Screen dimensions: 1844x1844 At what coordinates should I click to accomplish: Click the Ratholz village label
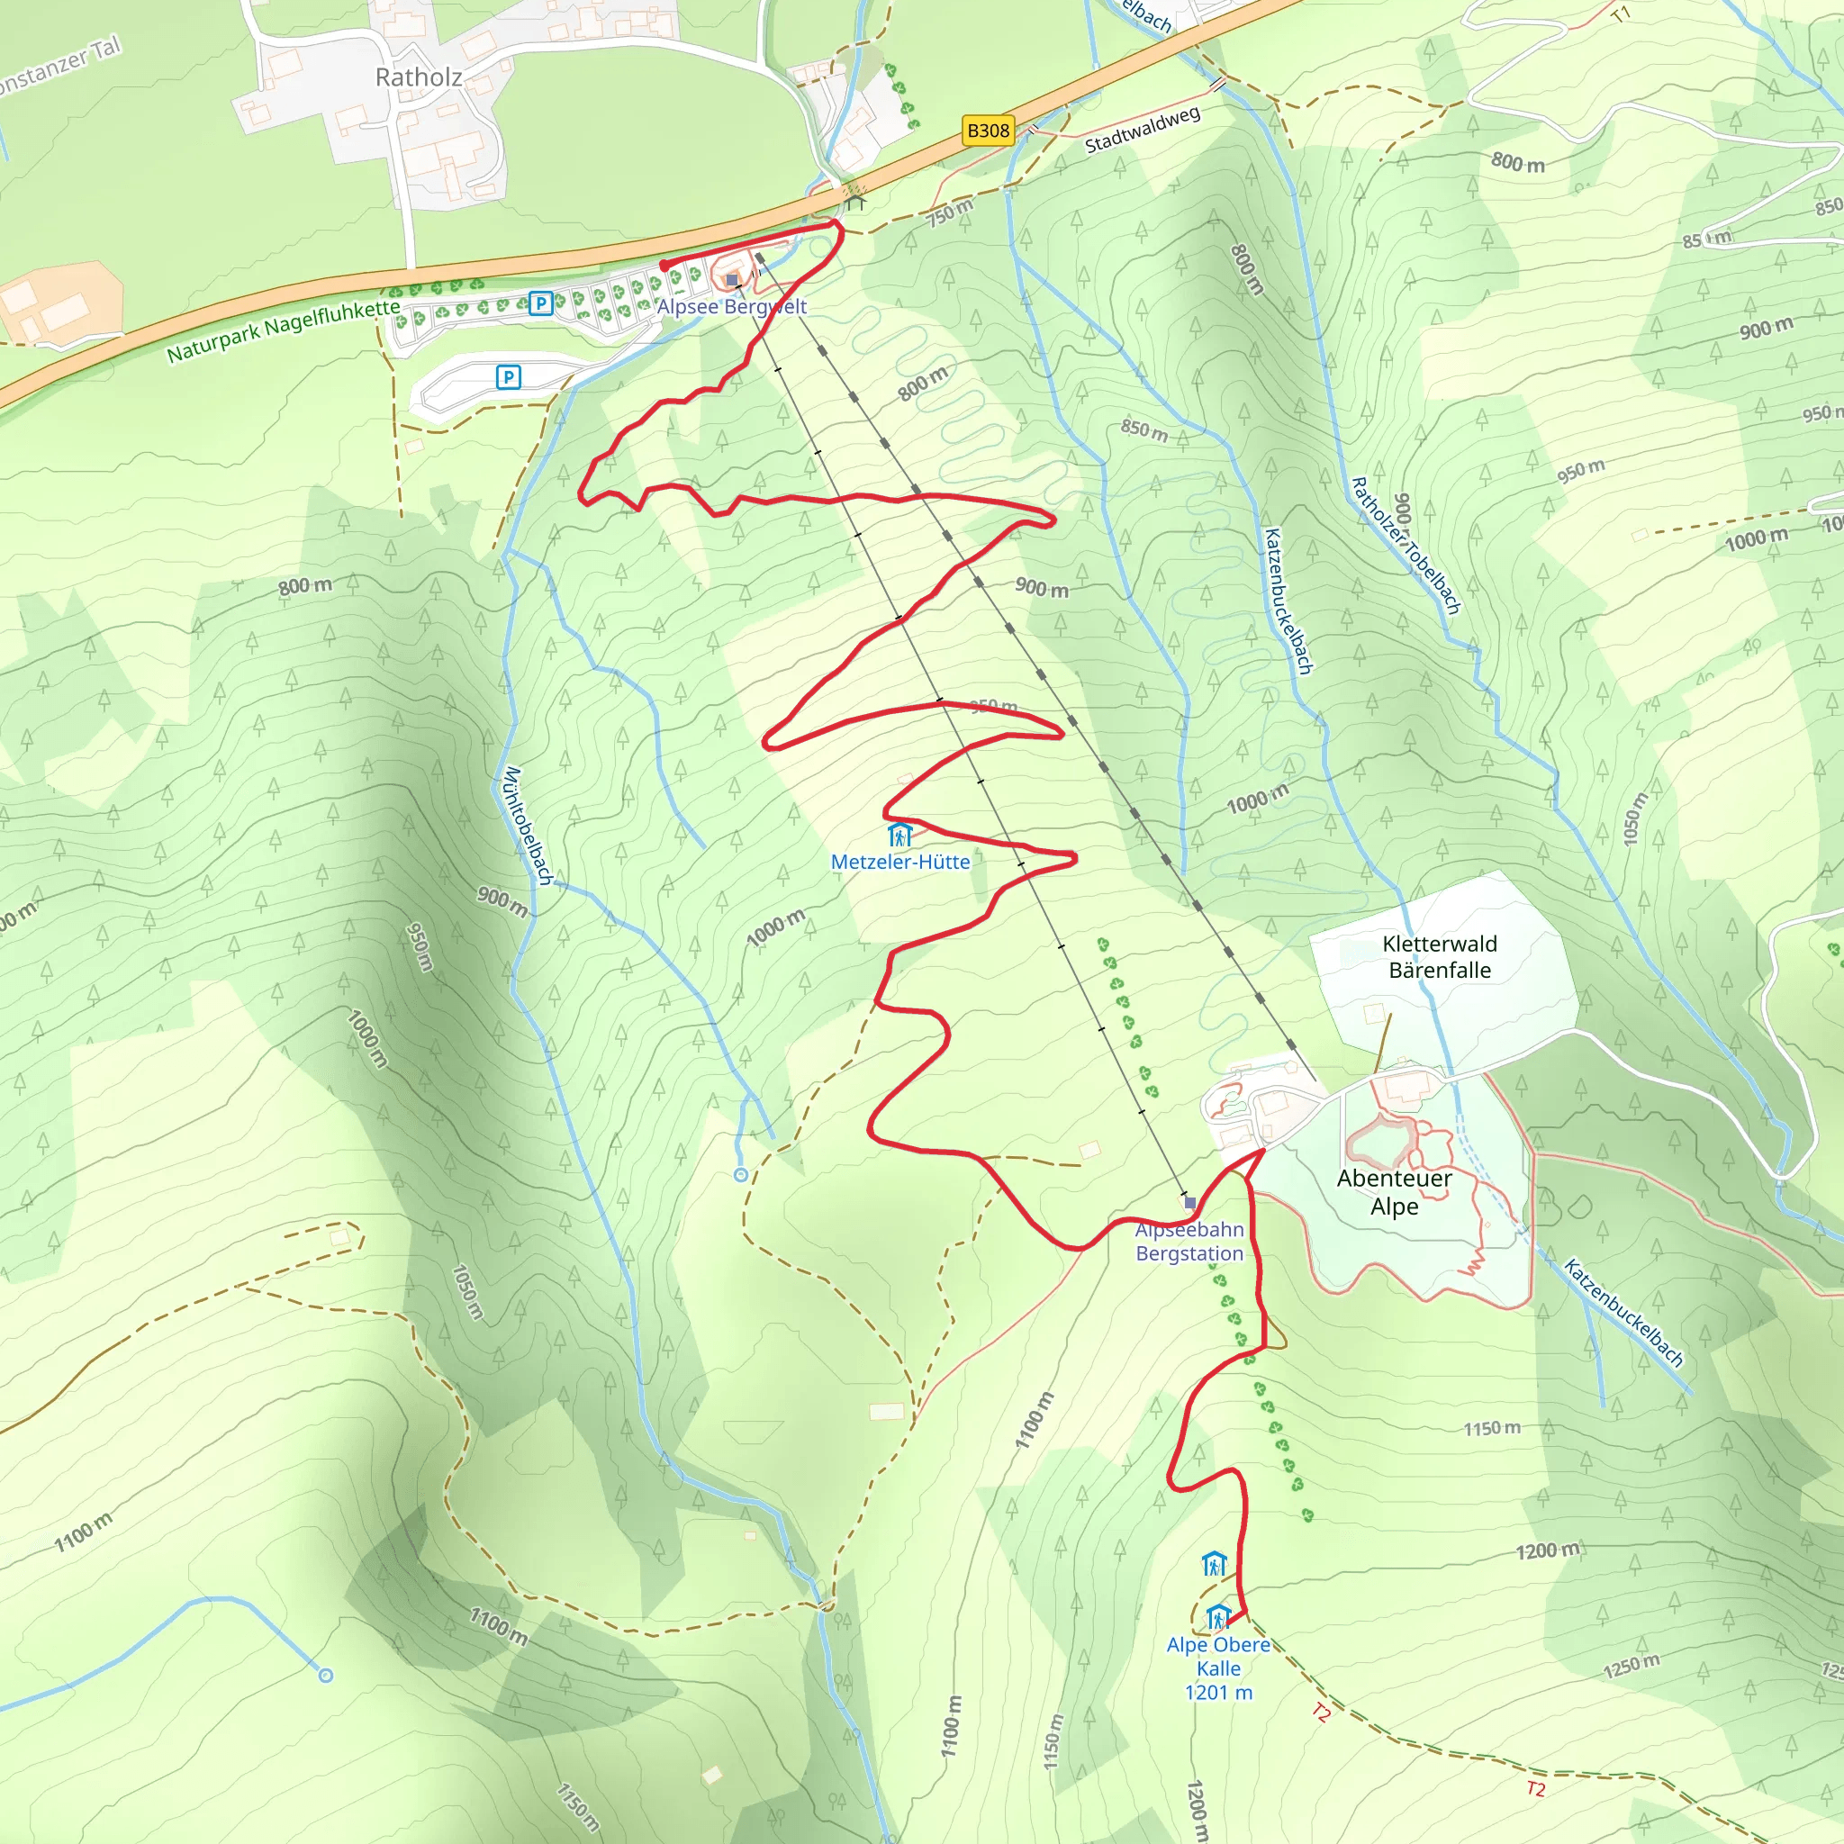pyautogui.click(x=418, y=77)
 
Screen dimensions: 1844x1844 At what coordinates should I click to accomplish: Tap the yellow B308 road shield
pyautogui.click(x=988, y=131)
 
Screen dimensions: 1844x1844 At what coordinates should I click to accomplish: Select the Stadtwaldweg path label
pyautogui.click(x=1142, y=131)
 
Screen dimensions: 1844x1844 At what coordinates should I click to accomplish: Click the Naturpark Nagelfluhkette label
pyautogui.click(x=284, y=331)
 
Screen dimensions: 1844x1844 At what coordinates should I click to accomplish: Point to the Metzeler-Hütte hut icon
pyautogui.click(x=898, y=836)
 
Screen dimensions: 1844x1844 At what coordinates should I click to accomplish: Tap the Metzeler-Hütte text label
pyautogui.click(x=900, y=862)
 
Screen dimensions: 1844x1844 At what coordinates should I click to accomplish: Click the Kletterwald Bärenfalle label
pyautogui.click(x=1440, y=957)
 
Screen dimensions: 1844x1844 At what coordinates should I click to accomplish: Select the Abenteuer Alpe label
pyautogui.click(x=1394, y=1192)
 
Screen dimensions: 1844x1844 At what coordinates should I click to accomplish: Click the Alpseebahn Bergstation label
pyautogui.click(x=1189, y=1242)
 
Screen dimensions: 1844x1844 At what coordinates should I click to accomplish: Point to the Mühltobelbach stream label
pyautogui.click(x=528, y=826)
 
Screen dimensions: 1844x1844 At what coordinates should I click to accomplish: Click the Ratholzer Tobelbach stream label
pyautogui.click(x=1405, y=546)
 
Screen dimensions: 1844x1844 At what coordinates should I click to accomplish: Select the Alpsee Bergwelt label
pyautogui.click(x=731, y=306)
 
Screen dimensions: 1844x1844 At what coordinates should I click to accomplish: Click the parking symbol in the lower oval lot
pyautogui.click(x=509, y=378)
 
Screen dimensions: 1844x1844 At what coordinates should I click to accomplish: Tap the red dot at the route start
pyautogui.click(x=664, y=267)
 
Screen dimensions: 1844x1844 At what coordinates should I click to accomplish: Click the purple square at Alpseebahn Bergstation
pyautogui.click(x=1189, y=1203)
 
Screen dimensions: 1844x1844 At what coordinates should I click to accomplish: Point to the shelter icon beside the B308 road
pyautogui.click(x=855, y=203)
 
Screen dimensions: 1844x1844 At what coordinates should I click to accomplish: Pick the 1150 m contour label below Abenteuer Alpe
pyautogui.click(x=1492, y=1429)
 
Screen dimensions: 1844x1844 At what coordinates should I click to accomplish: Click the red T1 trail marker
pyautogui.click(x=1621, y=14)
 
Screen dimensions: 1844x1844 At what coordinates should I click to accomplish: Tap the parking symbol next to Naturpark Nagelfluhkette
pyautogui.click(x=541, y=303)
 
